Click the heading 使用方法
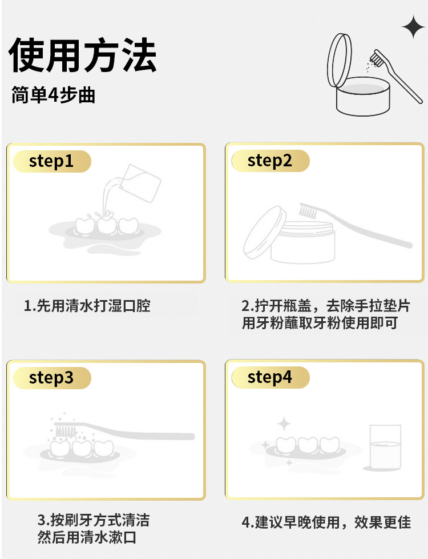[x=83, y=55]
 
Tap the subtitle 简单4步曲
[x=53, y=95]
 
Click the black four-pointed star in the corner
[x=413, y=27]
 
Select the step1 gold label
[x=52, y=161]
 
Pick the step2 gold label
[x=270, y=161]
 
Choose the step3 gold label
[x=52, y=378]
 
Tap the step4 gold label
[x=270, y=377]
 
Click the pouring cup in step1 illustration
[x=140, y=183]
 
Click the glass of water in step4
[x=385, y=447]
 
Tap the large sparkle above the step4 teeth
[x=284, y=424]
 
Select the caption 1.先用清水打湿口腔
[x=87, y=306]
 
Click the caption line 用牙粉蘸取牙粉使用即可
[x=320, y=323]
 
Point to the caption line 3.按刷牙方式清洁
[x=93, y=520]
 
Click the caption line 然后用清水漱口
[x=87, y=537]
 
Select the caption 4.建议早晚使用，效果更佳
[x=326, y=522]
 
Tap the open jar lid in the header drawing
[x=340, y=60]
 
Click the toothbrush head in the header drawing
[x=377, y=58]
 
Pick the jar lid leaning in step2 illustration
[x=265, y=233]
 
